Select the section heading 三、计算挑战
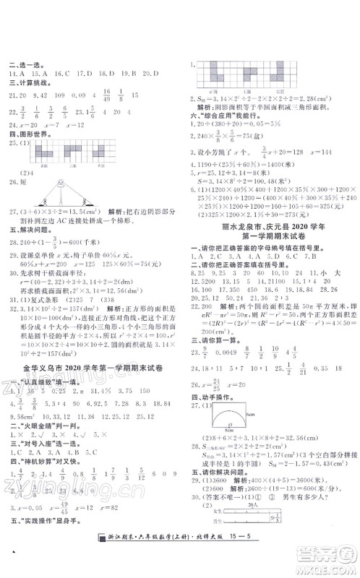(x=27, y=83)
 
